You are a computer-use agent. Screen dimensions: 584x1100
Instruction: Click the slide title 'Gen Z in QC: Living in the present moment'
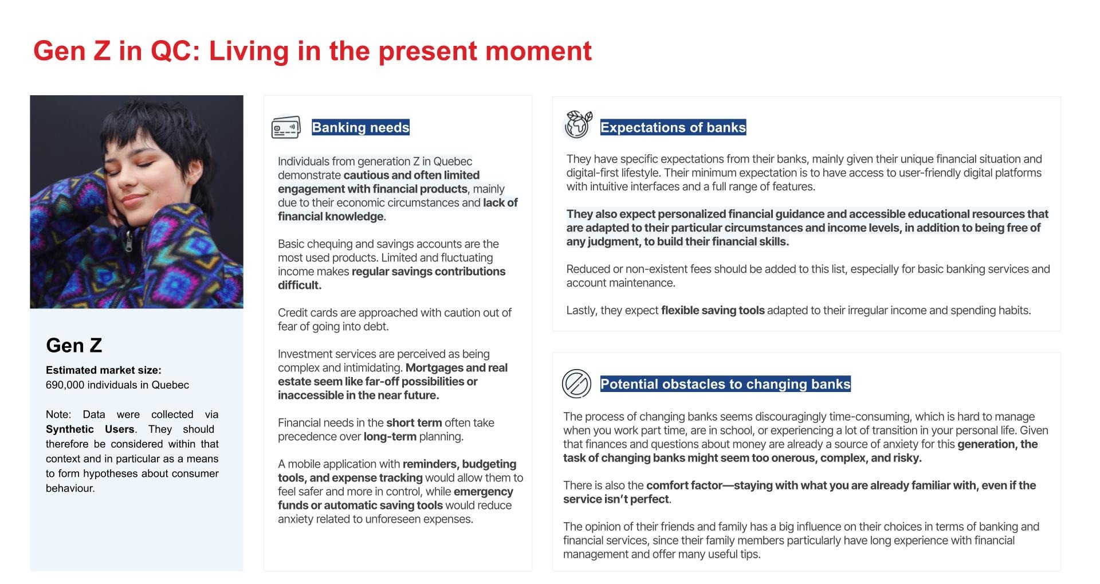tap(312, 51)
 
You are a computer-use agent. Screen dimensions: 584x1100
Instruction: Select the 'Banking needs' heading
tap(360, 127)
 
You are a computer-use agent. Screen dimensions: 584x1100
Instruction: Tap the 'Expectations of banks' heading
tap(673, 127)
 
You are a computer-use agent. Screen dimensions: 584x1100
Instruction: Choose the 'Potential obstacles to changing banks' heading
tap(725, 384)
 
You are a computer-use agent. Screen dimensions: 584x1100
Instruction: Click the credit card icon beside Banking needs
tap(286, 127)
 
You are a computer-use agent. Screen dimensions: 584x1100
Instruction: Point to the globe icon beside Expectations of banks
tap(577, 125)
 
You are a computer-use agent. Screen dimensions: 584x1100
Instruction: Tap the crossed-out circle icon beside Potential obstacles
tap(576, 384)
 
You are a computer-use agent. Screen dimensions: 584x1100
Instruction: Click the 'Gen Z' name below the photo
tap(74, 345)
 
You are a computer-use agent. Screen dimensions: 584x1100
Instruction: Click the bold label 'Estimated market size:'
tap(103, 370)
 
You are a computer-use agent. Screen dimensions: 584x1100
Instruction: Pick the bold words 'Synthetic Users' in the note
tap(90, 429)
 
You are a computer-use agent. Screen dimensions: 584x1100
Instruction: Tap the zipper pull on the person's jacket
tap(129, 244)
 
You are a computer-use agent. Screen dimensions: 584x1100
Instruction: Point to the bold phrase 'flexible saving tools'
tap(712, 311)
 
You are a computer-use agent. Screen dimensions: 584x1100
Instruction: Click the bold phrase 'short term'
tap(414, 423)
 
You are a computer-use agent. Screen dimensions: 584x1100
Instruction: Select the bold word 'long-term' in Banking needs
tap(390, 437)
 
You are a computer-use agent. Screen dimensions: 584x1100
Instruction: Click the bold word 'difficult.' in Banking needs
tap(300, 285)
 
